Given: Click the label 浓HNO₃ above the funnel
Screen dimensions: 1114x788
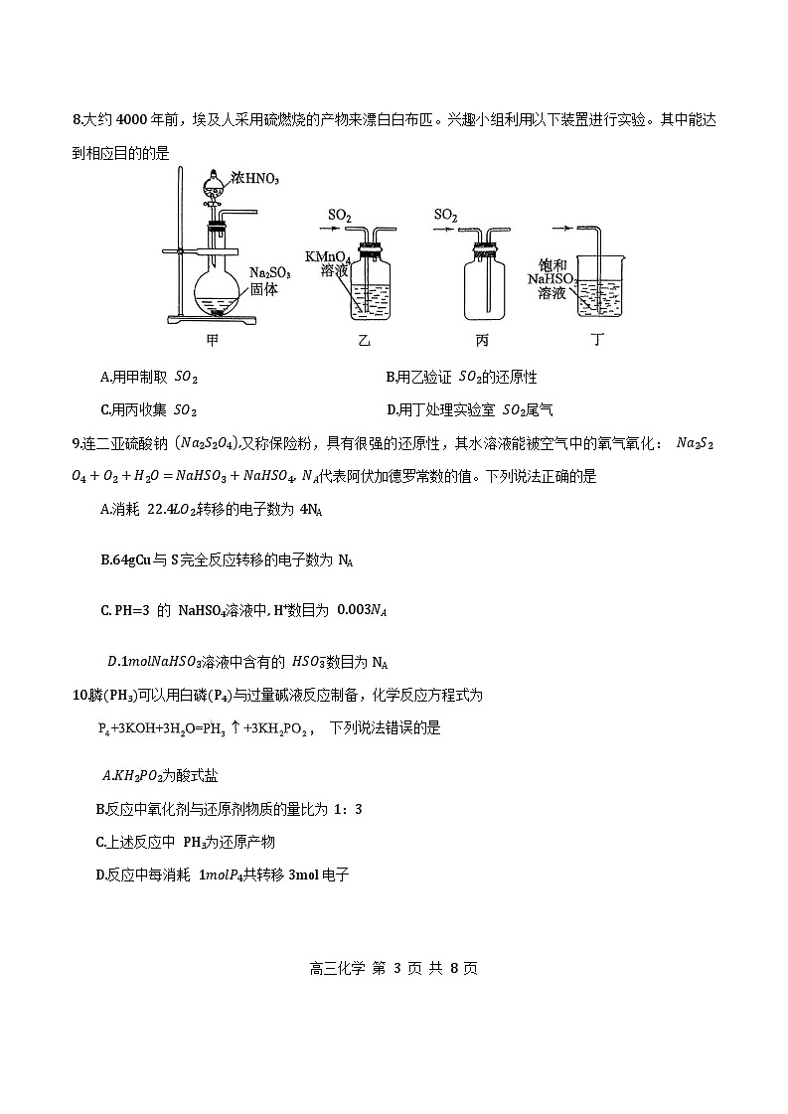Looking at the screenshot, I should click(x=255, y=179).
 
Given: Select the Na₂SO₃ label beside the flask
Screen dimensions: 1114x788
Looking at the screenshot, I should click(x=263, y=271).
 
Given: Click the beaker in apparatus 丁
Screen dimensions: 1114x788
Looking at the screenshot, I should click(x=603, y=281).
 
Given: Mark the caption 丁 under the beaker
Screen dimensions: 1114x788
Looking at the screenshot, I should click(x=597, y=341).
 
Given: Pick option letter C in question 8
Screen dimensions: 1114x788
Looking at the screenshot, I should click(x=106, y=409).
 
